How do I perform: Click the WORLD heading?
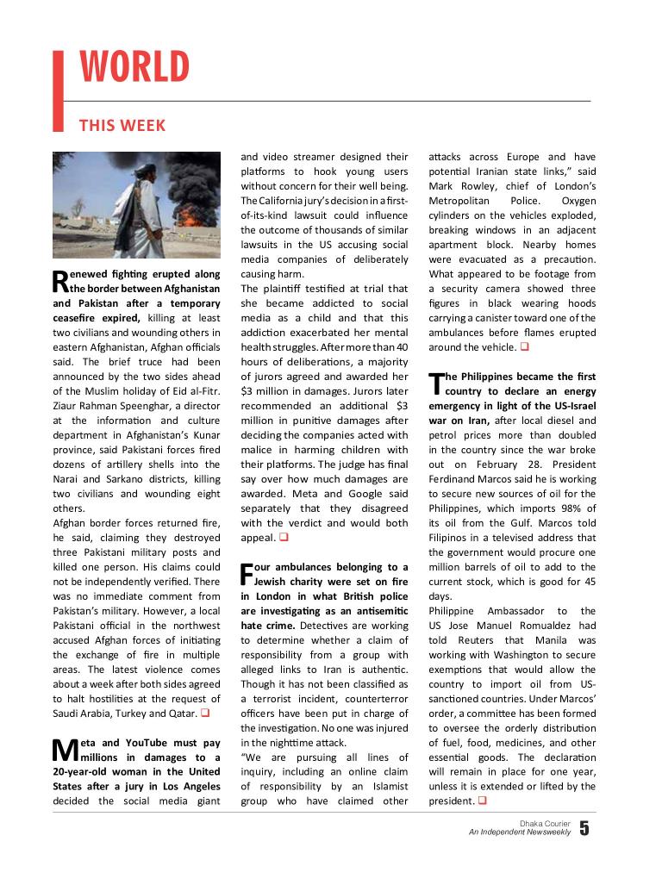[x=134, y=68]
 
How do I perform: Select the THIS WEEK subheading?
[x=122, y=126]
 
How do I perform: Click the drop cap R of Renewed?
[x=60, y=281]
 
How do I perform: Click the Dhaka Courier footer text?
[x=545, y=824]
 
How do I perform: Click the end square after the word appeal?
[x=281, y=538]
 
